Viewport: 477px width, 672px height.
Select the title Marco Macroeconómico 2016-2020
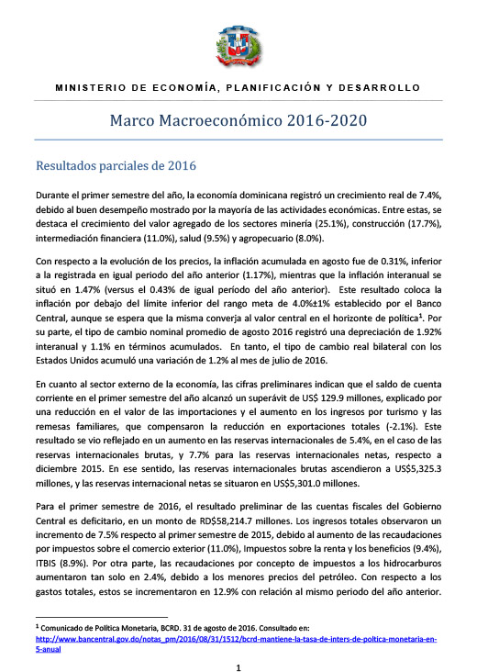[x=238, y=120]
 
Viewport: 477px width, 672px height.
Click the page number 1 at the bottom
[x=238, y=656]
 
